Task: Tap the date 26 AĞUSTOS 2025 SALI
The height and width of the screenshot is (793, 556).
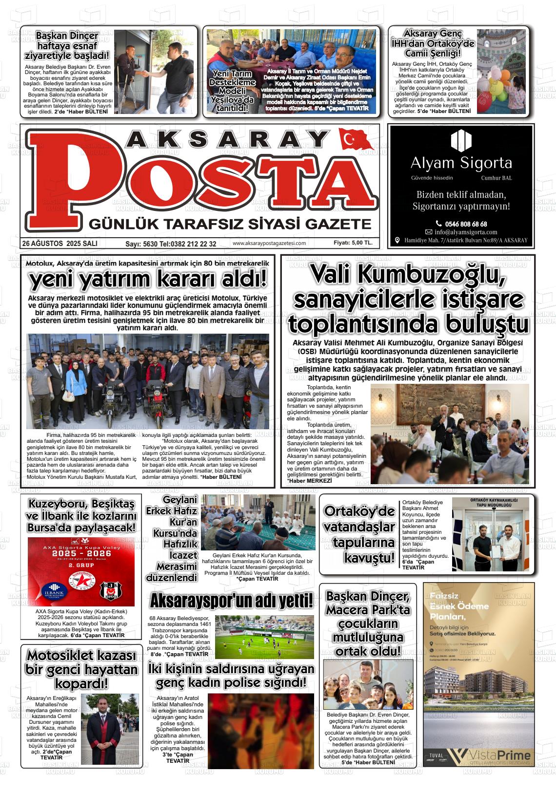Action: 60,243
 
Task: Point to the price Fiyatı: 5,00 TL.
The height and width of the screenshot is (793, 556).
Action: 353,243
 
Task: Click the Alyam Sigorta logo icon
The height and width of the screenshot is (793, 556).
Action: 461,140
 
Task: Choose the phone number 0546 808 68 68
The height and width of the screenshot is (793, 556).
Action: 465,224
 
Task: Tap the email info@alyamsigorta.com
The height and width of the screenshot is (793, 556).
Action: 466,232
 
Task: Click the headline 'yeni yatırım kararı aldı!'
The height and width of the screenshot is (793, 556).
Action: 148,280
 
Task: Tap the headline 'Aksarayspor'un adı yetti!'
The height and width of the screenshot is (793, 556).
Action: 231,601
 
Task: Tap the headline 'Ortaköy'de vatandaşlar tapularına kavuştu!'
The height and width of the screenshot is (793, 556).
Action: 359,534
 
